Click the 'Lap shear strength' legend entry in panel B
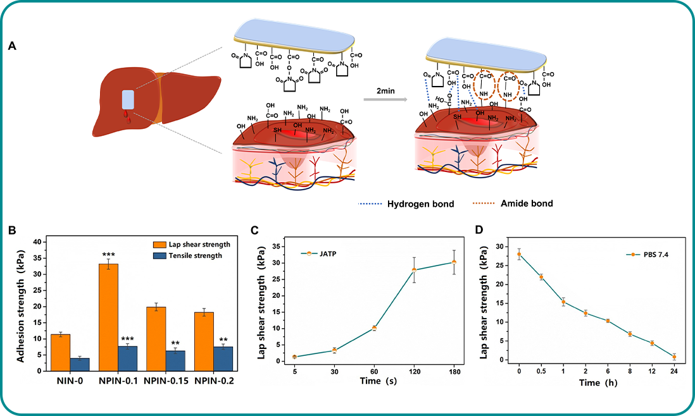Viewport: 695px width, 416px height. pyautogui.click(x=199, y=244)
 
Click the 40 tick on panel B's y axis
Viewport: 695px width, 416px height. pyautogui.click(x=37, y=242)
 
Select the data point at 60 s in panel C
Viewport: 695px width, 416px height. pyautogui.click(x=374, y=328)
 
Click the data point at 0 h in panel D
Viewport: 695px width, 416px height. pyautogui.click(x=519, y=254)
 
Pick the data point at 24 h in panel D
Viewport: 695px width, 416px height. pyautogui.click(x=674, y=357)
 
